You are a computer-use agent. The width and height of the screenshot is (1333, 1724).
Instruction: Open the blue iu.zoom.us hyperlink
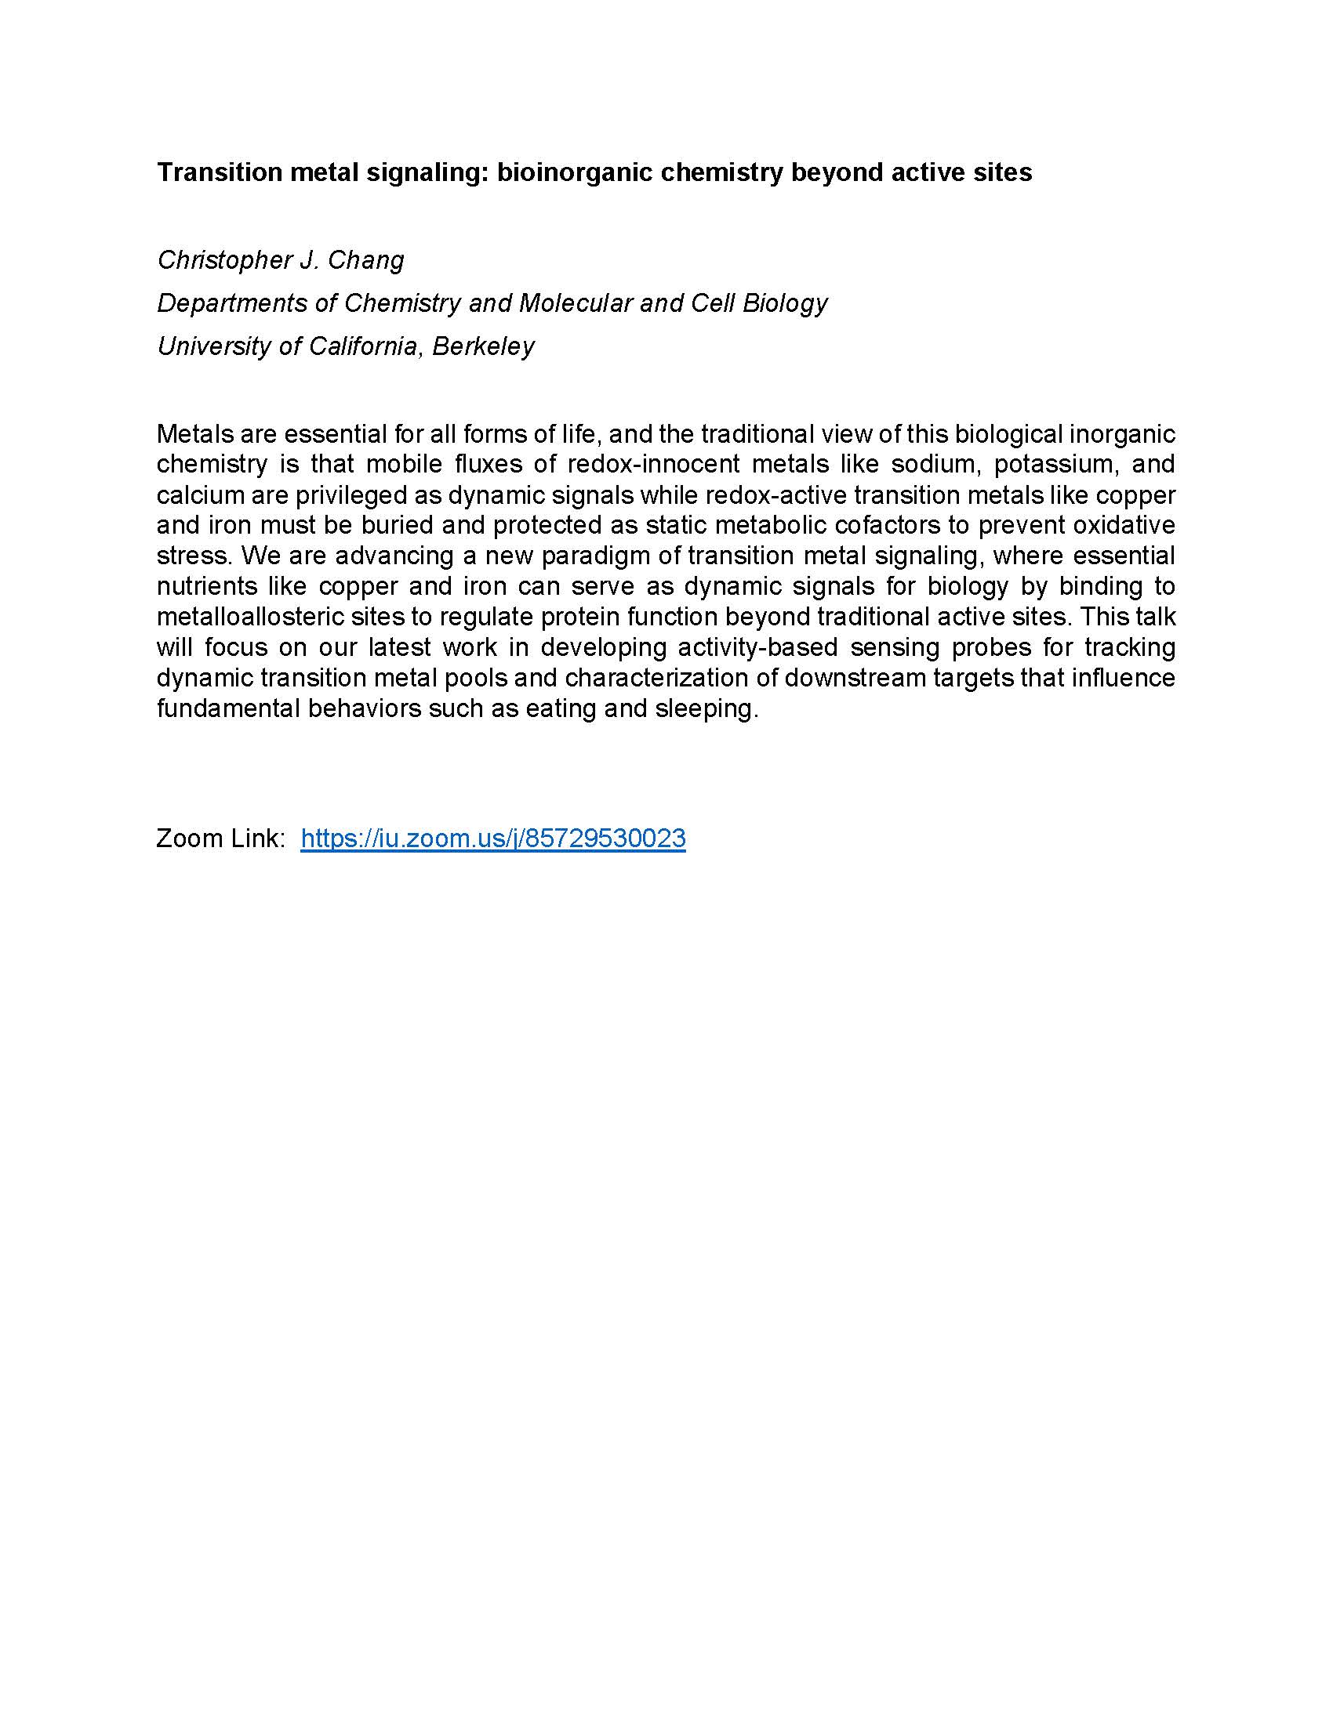492,838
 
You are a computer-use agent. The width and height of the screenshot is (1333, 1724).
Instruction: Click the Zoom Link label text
220,838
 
